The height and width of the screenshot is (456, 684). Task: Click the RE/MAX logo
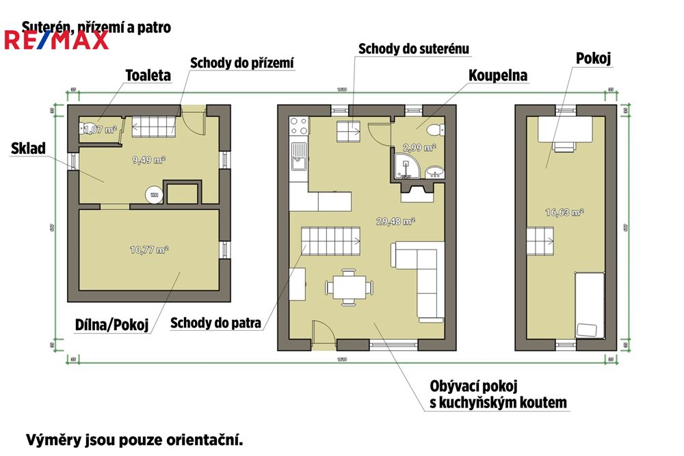click(x=57, y=40)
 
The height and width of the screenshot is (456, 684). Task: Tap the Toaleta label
click(x=148, y=76)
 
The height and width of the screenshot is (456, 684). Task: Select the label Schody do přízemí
click(x=242, y=63)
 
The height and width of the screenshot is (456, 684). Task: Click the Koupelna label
click(x=497, y=76)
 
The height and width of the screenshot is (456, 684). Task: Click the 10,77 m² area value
click(x=148, y=250)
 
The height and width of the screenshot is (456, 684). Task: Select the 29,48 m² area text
click(x=395, y=221)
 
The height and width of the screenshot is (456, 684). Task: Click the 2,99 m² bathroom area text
click(x=419, y=147)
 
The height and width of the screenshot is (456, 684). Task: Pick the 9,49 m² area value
click(x=148, y=160)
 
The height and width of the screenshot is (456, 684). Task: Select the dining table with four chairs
click(x=345, y=286)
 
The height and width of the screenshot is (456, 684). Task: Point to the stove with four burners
click(x=299, y=126)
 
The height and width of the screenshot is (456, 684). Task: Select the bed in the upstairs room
click(x=589, y=305)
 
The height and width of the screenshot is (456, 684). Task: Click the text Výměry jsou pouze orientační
click(x=134, y=439)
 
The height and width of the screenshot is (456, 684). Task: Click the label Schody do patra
click(x=215, y=323)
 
